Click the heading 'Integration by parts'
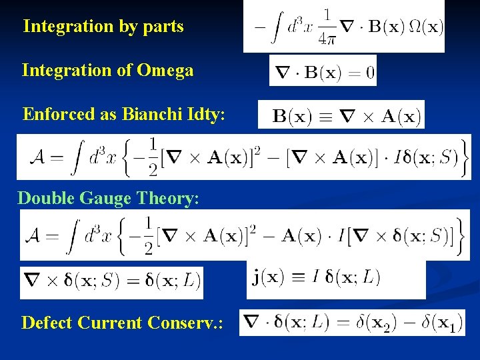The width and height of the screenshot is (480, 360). pyautogui.click(x=103, y=27)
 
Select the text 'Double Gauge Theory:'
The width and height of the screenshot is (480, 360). pyautogui.click(x=108, y=198)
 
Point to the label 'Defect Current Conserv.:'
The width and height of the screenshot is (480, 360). pyautogui.click(x=122, y=323)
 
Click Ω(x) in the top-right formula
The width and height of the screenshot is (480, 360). pyautogui.click(x=424, y=27)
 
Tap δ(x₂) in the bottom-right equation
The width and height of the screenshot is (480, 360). pyautogui.click(x=383, y=324)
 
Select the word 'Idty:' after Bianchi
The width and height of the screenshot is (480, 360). pyautogui.click(x=205, y=114)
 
